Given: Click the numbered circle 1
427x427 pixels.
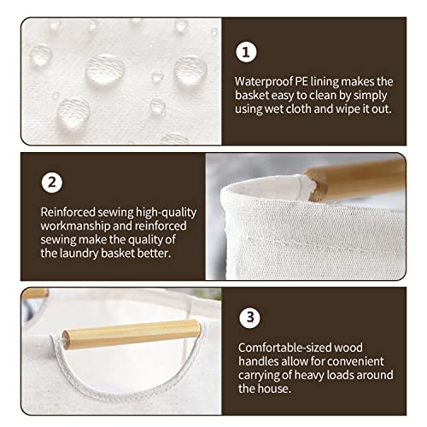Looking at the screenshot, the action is [x=246, y=52].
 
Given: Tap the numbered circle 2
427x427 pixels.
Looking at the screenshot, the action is [x=52, y=183].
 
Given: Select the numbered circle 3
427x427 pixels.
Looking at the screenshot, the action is [x=249, y=318].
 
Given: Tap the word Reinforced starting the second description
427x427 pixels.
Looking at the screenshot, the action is [x=67, y=213].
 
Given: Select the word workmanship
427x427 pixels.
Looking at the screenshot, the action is [x=75, y=226].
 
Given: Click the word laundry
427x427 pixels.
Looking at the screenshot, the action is [x=79, y=254].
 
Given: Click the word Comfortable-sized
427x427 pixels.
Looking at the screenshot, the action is [x=284, y=348].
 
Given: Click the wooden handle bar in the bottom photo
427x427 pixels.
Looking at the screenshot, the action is [x=131, y=334].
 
